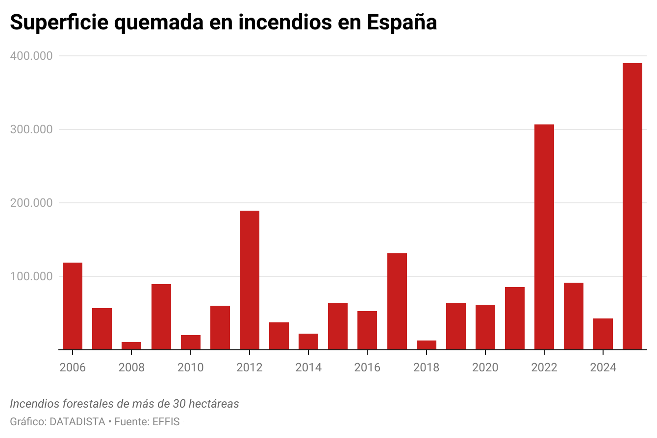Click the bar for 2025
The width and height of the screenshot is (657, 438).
click(x=632, y=206)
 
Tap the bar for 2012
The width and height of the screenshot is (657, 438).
click(x=250, y=280)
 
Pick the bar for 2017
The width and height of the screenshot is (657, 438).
click(x=397, y=301)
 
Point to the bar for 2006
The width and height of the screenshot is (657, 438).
click(x=73, y=306)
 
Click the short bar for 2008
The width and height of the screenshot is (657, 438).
click(x=131, y=346)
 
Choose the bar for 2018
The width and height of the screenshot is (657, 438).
click(x=426, y=345)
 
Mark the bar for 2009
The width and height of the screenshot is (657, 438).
click(x=161, y=316)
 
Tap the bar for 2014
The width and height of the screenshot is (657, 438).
click(x=308, y=341)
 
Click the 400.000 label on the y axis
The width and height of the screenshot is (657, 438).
click(x=31, y=56)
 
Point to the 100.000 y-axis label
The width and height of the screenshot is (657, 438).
click(x=31, y=276)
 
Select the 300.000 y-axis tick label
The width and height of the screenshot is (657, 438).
click(x=31, y=130)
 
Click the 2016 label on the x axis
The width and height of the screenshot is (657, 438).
click(x=367, y=367)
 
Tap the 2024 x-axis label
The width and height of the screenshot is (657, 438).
click(x=603, y=367)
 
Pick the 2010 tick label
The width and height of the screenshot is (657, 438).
click(x=190, y=367)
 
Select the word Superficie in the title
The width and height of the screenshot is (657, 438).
click(x=58, y=23)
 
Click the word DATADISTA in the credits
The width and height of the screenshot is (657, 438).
click(x=77, y=421)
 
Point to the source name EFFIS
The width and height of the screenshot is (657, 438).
click(x=166, y=421)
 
